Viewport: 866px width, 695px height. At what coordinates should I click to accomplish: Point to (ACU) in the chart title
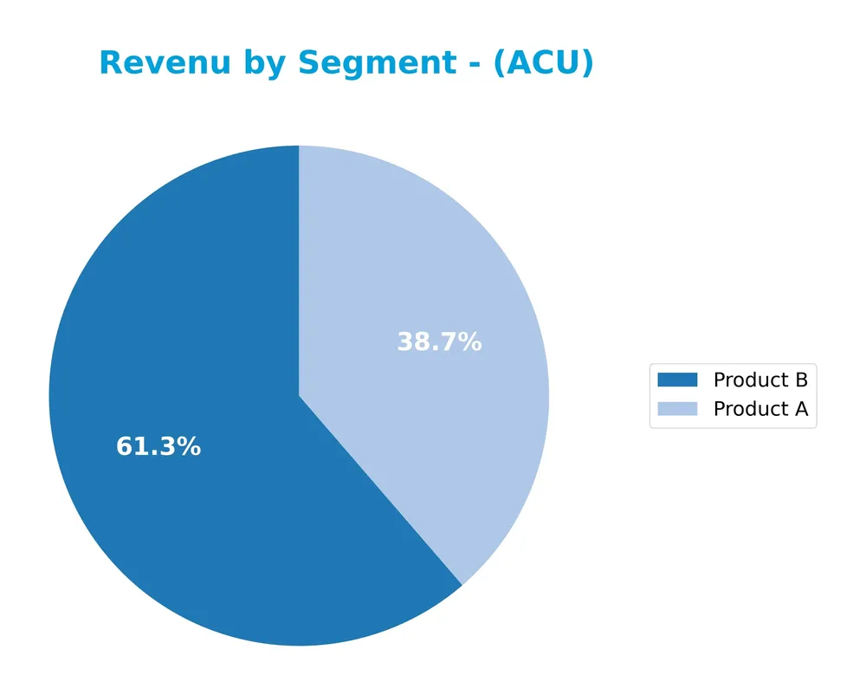543,63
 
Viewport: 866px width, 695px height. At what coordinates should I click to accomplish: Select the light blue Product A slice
433,260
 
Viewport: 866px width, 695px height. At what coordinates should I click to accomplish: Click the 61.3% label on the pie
158,447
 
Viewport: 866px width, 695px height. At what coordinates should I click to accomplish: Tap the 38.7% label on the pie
439,342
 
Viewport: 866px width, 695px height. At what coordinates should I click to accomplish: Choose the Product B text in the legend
760,380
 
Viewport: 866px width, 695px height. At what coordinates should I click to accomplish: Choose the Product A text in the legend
760,409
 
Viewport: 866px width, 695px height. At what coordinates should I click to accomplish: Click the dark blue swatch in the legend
677,380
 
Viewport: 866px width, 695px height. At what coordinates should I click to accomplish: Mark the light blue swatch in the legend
677,409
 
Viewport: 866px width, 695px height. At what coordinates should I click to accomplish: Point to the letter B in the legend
801,380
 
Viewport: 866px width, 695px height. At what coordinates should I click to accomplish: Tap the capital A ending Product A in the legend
801,409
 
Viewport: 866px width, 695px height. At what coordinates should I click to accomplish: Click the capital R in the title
111,63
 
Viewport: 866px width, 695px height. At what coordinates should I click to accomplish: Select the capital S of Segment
308,63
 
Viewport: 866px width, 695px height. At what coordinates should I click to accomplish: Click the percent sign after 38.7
470,342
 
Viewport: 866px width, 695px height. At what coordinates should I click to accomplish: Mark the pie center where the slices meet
299,396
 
